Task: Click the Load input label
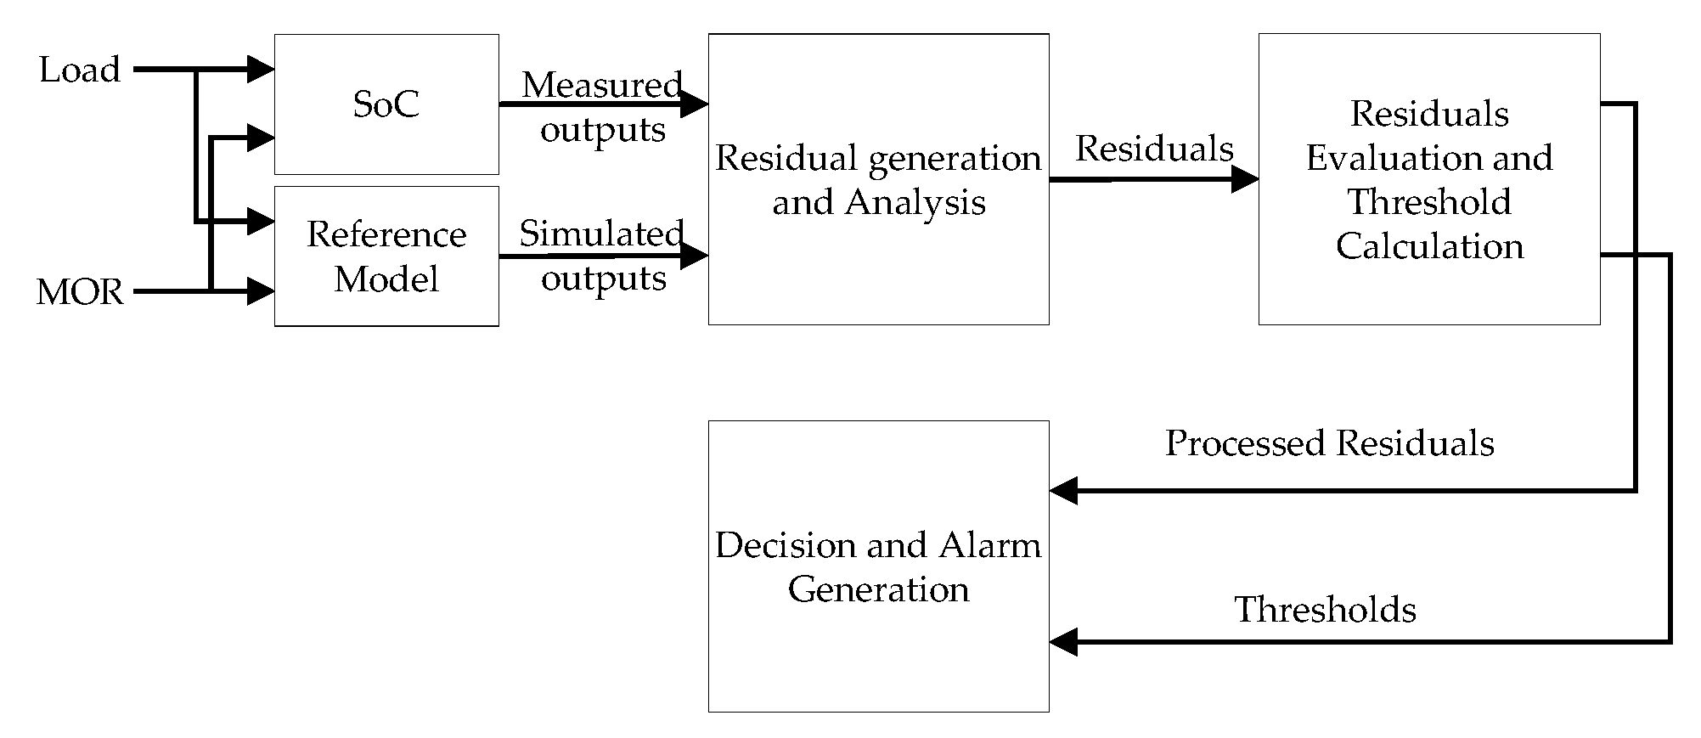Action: click(x=80, y=70)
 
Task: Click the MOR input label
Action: click(x=80, y=292)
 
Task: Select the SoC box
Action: click(x=386, y=104)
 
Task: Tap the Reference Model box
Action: click(x=386, y=256)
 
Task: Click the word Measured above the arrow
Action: click(x=601, y=84)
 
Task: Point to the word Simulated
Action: click(x=601, y=234)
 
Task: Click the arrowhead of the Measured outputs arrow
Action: click(x=696, y=104)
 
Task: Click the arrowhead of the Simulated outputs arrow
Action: click(x=696, y=256)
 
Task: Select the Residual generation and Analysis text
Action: click(x=878, y=180)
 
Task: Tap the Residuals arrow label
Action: click(x=1154, y=149)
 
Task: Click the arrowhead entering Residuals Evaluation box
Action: click(x=1245, y=179)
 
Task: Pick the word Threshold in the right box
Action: click(x=1429, y=202)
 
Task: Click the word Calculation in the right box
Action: click(x=1429, y=246)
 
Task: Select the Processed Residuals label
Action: click(x=1329, y=443)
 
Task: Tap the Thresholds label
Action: click(x=1325, y=610)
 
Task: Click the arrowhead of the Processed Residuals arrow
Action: click(x=1063, y=490)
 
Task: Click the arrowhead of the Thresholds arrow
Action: click(x=1063, y=641)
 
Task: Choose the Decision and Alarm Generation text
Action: click(x=878, y=566)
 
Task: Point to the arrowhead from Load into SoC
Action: click(x=261, y=70)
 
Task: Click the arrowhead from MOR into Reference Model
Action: click(x=261, y=292)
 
